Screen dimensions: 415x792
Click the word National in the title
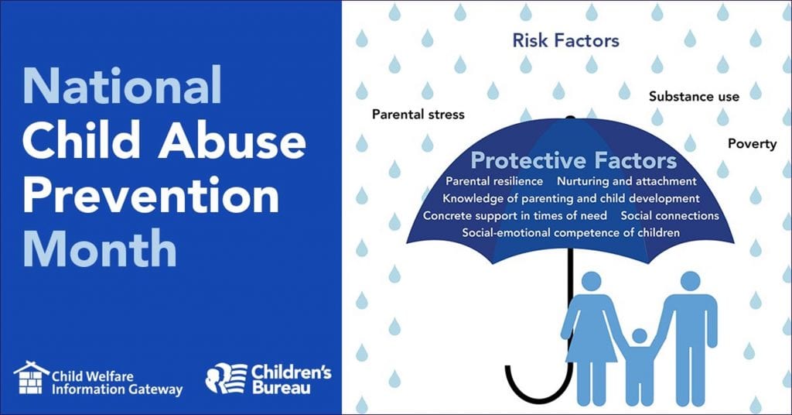coord(122,85)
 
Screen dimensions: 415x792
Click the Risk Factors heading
coord(565,40)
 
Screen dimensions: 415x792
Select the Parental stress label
coord(418,115)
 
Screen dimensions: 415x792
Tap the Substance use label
coord(694,97)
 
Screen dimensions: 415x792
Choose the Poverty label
coord(752,144)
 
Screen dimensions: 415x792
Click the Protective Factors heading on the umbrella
coord(573,161)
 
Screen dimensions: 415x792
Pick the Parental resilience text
coord(494,181)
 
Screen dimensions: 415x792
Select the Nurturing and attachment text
coord(626,181)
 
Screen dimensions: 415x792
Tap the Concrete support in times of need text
coord(514,215)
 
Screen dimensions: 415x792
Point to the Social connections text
coord(670,215)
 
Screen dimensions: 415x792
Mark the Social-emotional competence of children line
coord(571,232)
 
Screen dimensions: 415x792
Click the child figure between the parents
coord(639,363)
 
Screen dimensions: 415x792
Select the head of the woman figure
coord(593,282)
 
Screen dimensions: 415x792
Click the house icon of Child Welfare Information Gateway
coord(31,378)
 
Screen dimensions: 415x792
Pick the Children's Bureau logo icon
coord(225,378)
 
